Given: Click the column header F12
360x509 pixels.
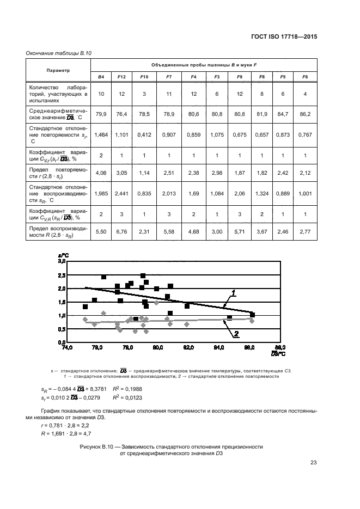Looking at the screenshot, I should [x=121, y=77].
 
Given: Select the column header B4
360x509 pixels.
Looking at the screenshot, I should [x=101, y=77].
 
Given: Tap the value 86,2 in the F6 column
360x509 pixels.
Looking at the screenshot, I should [x=305, y=114].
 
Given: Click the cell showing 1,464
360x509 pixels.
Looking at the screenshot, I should [x=101, y=133].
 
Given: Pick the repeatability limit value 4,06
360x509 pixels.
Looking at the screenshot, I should [x=101, y=174].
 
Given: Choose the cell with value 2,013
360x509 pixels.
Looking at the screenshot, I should [x=169, y=193].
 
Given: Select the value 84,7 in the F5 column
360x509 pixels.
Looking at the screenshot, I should [x=283, y=114].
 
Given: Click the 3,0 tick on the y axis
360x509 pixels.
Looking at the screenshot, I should [x=62, y=262].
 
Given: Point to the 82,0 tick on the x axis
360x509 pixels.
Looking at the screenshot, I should [x=189, y=347].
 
